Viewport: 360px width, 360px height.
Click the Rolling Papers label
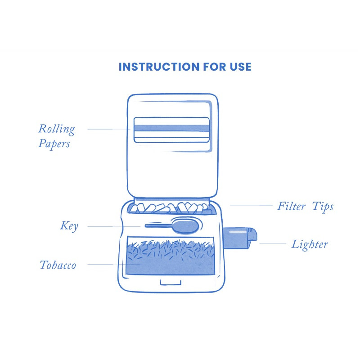pos(56,136)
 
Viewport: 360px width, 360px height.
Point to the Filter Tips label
pos(305,207)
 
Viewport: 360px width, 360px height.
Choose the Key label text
pos(69,226)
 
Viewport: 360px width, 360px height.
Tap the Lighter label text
pos(310,244)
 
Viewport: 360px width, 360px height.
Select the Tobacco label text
pos(58,265)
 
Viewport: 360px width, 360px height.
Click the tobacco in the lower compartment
pos(171,258)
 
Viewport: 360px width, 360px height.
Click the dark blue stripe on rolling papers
pos(171,128)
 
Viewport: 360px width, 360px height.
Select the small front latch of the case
pos(171,282)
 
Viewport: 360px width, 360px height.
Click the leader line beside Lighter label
pos(273,243)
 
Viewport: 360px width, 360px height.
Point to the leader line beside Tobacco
pos(100,265)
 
